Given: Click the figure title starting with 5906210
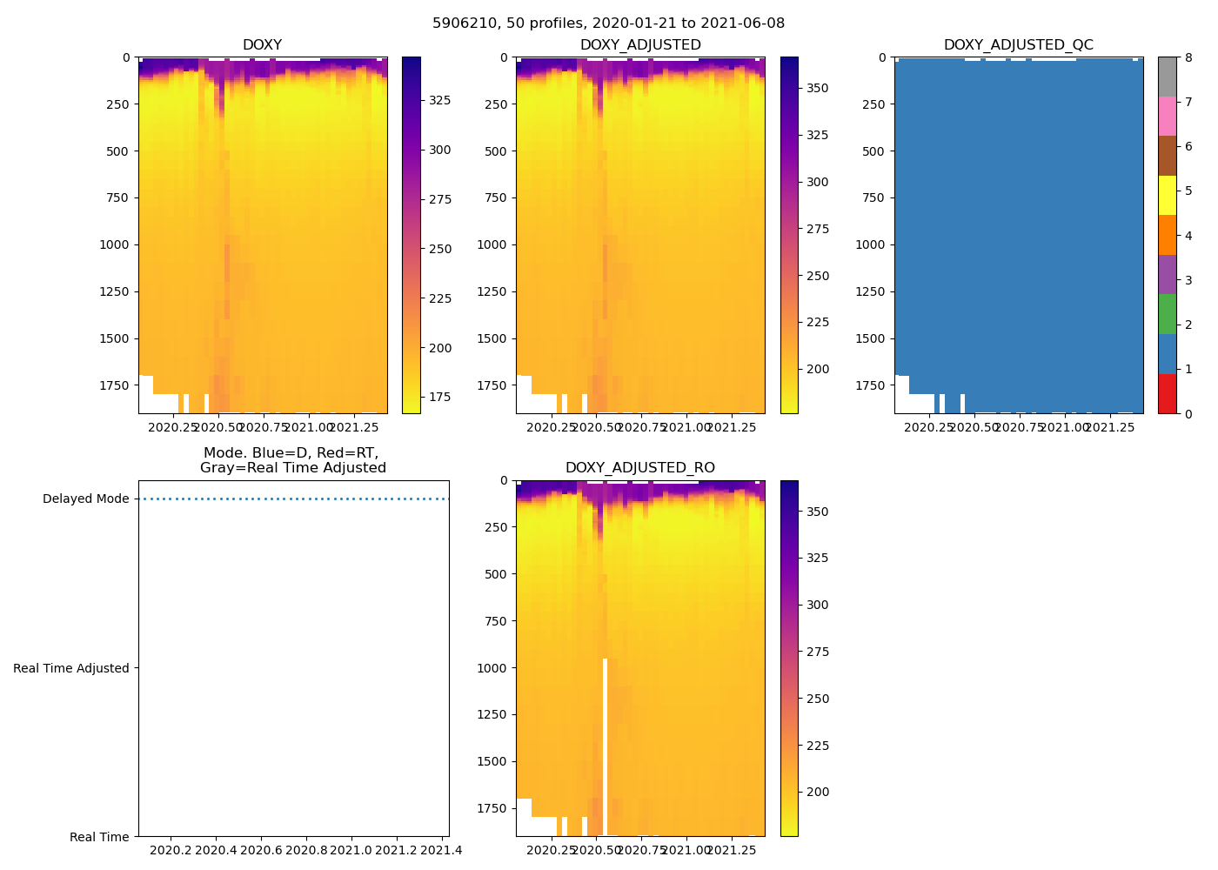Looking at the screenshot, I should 608,23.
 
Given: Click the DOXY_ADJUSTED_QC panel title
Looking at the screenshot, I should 1018,45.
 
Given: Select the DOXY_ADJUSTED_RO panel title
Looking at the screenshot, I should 639,468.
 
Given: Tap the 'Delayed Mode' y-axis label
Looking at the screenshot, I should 85,499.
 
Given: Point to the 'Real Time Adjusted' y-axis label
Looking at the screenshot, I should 70,668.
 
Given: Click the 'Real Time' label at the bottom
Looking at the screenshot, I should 99,837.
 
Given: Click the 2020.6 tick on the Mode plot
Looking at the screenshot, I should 261,851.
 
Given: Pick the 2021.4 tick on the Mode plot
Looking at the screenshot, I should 442,851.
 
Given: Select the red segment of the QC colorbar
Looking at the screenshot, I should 1167,393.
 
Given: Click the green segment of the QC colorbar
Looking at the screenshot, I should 1167,314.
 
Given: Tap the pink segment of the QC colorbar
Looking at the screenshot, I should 1167,117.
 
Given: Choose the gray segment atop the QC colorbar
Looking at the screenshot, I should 1167,77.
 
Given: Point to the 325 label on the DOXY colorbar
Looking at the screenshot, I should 439,100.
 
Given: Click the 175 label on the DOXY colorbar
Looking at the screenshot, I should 439,398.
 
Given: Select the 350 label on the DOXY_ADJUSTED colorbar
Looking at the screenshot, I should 817,88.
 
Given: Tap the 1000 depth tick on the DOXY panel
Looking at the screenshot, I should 114,244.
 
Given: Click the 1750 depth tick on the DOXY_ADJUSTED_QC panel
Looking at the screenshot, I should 870,385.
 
